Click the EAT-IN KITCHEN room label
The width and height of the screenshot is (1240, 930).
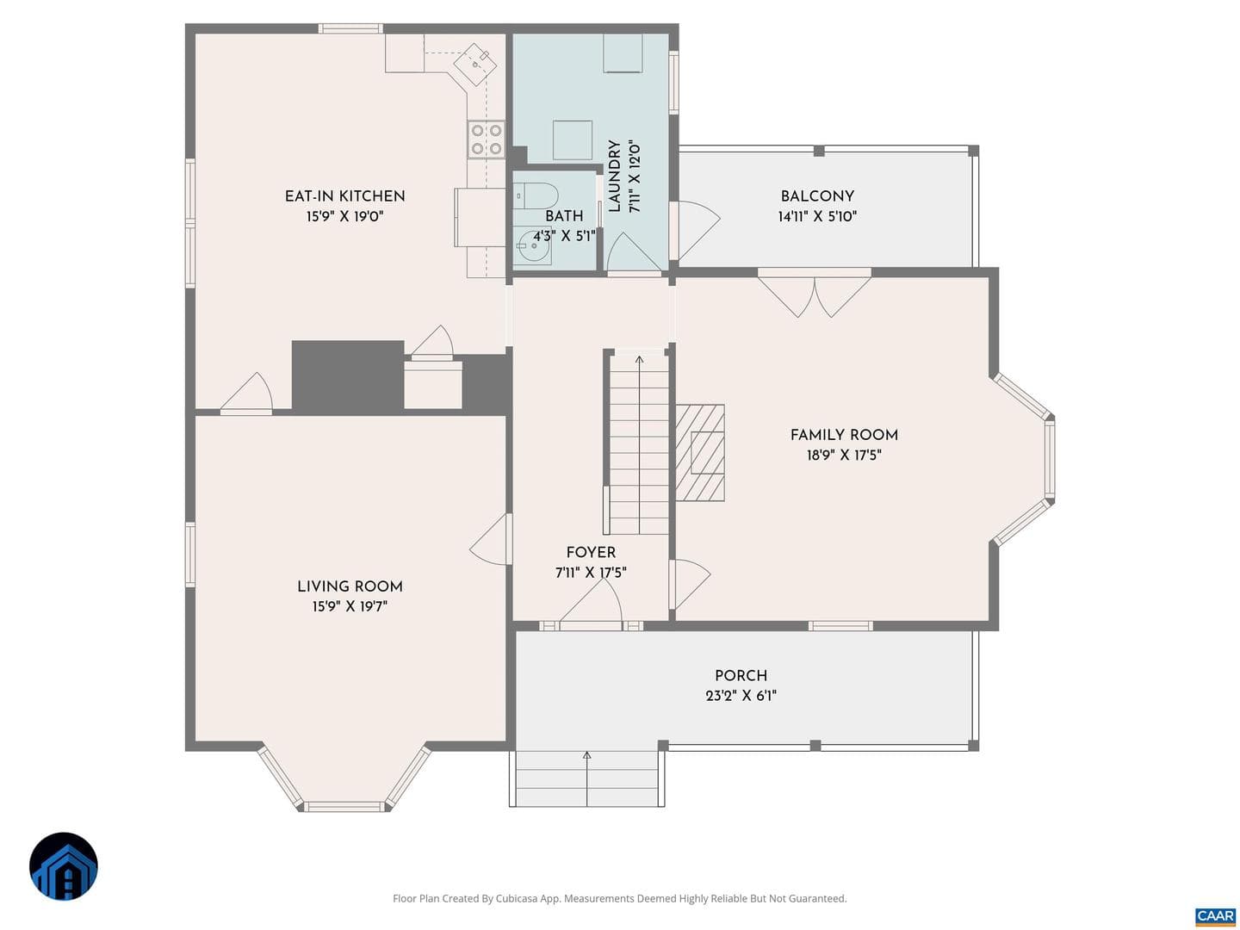[x=344, y=196]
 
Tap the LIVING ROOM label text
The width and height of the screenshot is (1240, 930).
[x=350, y=586]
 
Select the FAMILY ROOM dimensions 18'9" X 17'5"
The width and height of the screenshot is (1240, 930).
[x=844, y=455]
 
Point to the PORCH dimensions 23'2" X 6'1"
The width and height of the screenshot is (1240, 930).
[x=741, y=695]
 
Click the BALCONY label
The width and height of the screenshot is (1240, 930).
[x=817, y=196]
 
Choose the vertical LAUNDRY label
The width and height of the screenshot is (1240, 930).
[x=615, y=177]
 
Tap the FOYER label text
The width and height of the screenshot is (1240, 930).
[x=591, y=552]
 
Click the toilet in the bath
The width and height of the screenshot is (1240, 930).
[x=536, y=195]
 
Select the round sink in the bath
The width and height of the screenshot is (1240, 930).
[x=534, y=247]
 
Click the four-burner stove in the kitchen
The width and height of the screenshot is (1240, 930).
[x=487, y=139]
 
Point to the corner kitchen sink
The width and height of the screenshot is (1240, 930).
[x=475, y=64]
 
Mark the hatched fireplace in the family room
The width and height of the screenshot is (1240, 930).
[x=700, y=452]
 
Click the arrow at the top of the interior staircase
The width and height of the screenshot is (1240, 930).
[x=640, y=360]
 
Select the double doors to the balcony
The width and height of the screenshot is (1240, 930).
[x=814, y=295]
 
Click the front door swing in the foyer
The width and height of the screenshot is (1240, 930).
[x=591, y=602]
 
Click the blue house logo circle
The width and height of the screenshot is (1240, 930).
[x=63, y=866]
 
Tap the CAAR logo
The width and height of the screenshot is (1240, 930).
[x=1215, y=914]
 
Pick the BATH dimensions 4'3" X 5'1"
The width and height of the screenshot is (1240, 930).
[x=564, y=236]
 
